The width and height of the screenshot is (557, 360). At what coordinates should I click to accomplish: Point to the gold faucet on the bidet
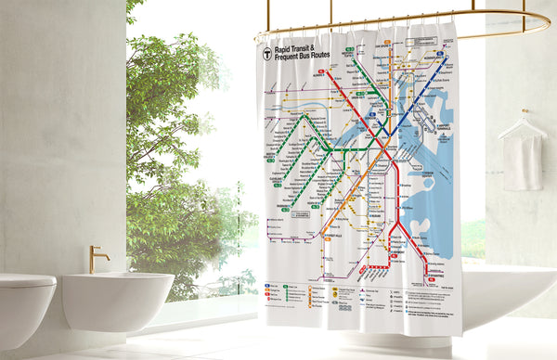tap(97, 257)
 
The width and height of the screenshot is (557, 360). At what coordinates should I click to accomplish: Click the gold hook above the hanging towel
tap(525, 113)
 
